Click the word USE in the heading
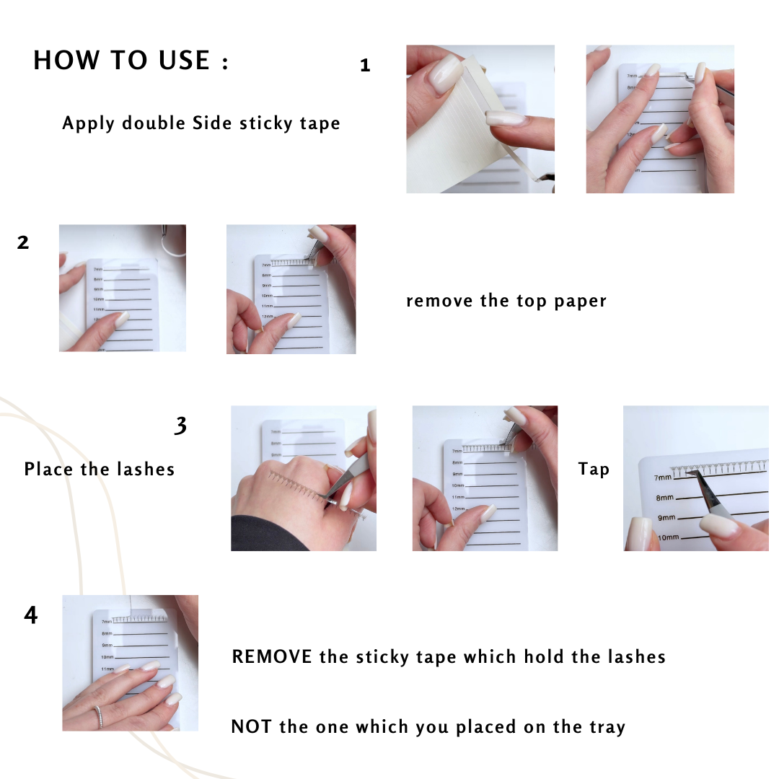(x=184, y=60)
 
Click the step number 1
(x=365, y=65)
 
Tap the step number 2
(x=23, y=242)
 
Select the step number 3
(x=181, y=426)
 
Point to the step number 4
(x=31, y=615)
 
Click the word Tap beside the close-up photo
(x=594, y=469)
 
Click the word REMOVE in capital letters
(x=272, y=657)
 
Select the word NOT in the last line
(x=251, y=727)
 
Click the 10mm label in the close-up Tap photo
(x=668, y=537)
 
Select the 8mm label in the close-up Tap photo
(x=665, y=498)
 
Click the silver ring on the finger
(x=99, y=717)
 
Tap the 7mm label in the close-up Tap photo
(x=663, y=477)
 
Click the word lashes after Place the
(x=146, y=469)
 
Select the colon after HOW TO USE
(x=226, y=63)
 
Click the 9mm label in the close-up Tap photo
(x=666, y=518)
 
